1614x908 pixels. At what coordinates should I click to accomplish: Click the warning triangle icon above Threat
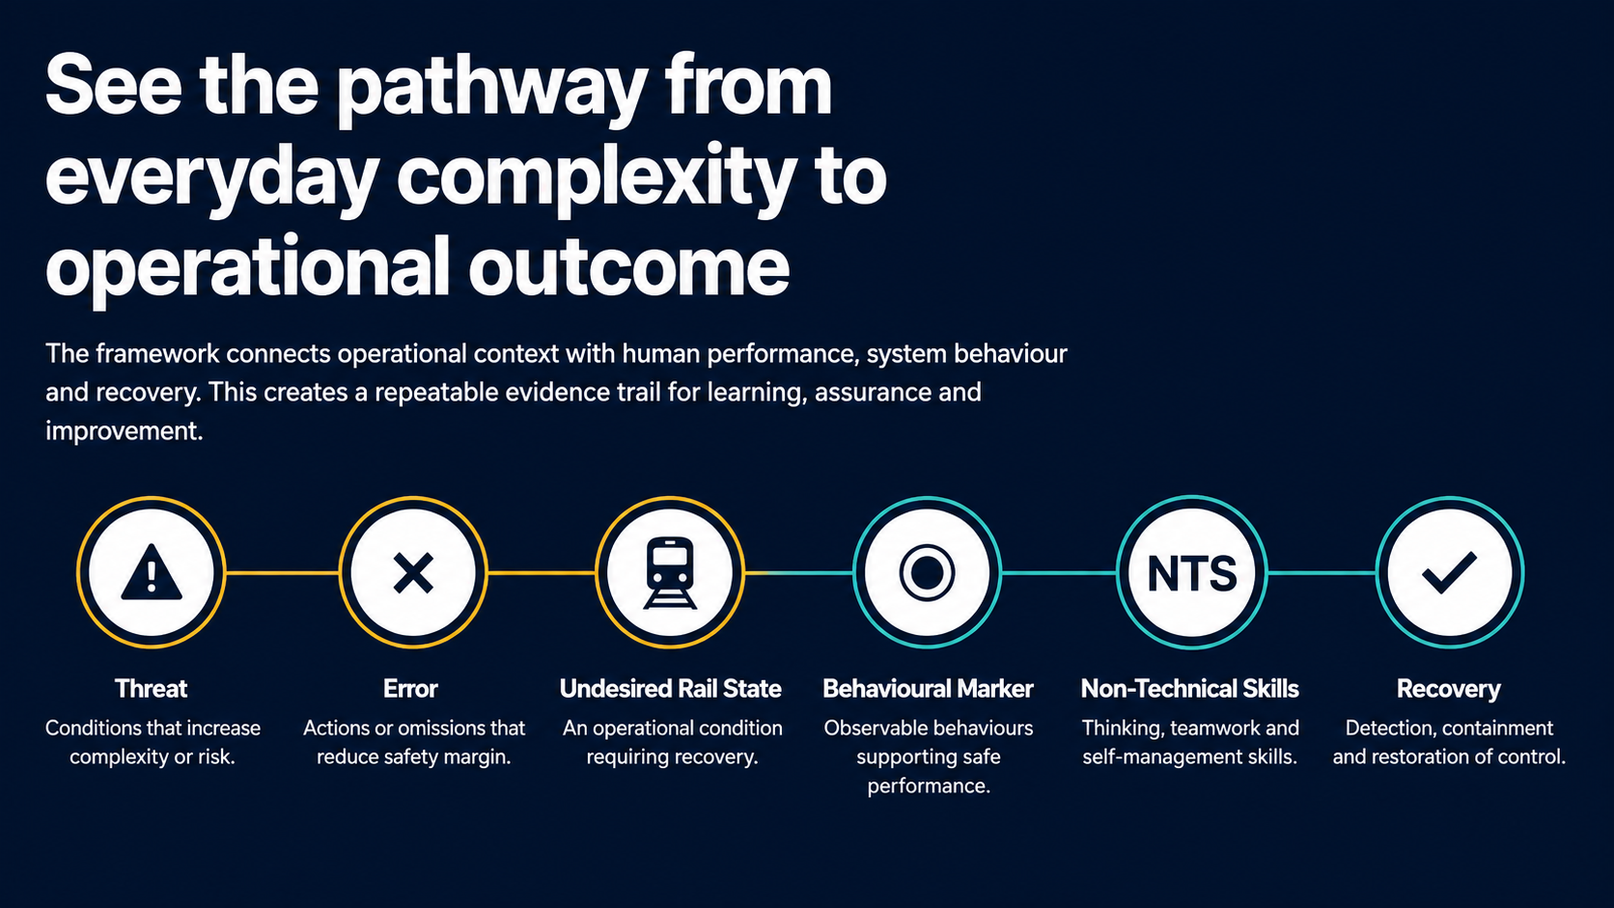click(152, 572)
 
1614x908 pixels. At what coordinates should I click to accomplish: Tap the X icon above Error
click(413, 572)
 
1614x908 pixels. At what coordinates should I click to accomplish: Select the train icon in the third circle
click(670, 573)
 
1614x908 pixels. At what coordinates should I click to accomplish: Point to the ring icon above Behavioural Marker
click(928, 573)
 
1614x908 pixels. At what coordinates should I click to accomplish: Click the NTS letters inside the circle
click(1192, 574)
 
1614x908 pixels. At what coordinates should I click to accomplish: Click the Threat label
click(152, 689)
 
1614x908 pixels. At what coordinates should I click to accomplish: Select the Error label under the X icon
click(410, 689)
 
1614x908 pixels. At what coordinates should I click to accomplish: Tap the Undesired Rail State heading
click(671, 689)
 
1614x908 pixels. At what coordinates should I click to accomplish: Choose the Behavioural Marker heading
click(928, 689)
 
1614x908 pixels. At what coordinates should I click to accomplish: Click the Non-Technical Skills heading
click(1190, 689)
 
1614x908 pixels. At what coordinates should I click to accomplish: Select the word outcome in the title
click(629, 268)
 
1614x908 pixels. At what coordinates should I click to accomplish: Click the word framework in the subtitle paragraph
click(157, 354)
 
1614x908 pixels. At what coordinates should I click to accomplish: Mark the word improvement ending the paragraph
click(124, 431)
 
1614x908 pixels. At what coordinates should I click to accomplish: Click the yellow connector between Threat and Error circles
click(283, 573)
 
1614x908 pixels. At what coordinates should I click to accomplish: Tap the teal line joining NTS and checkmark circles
click(1322, 573)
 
